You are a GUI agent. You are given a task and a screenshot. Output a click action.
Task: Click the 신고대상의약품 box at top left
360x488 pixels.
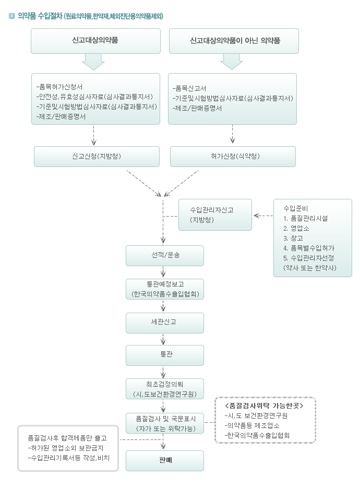point(95,41)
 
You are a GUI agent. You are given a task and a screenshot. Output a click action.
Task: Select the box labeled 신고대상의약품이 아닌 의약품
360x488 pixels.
point(234,41)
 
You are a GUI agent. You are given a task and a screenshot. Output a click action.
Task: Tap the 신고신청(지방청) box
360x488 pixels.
point(97,156)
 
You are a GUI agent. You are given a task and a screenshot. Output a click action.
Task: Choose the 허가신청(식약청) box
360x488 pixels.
point(233,156)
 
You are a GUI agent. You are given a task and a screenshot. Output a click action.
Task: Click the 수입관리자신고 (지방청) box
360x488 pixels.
point(215,215)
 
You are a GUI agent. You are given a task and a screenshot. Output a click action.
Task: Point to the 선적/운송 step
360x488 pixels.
point(164,256)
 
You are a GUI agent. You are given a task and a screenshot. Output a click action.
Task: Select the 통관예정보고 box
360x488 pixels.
point(164,289)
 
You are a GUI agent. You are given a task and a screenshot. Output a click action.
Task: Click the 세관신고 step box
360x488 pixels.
point(164,323)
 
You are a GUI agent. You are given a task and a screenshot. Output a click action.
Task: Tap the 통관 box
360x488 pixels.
point(164,355)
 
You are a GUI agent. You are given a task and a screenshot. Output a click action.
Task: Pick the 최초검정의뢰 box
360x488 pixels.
point(164,389)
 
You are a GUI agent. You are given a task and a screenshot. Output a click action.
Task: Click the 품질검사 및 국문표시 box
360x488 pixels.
point(164,423)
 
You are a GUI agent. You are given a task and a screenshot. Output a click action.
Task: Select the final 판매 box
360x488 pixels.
point(164,461)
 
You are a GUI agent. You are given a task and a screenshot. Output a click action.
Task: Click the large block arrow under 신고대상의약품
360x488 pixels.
point(93,62)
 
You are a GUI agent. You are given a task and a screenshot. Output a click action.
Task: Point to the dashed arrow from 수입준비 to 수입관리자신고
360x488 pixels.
point(263,216)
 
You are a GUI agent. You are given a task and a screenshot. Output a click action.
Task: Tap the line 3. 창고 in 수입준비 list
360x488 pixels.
point(293,238)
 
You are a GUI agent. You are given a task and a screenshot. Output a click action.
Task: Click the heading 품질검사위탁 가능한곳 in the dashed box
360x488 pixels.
point(264,406)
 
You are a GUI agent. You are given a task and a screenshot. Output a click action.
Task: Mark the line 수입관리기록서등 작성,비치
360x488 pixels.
point(68,458)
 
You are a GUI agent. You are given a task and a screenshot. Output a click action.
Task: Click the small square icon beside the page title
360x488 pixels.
point(12,16)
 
